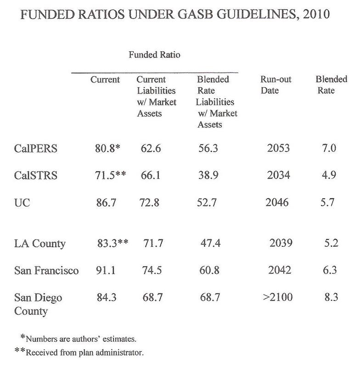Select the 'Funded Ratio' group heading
pos(155,56)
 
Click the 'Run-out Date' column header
pos(276,85)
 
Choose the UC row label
pos(22,201)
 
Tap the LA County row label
pos(39,243)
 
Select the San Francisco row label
pos(46,270)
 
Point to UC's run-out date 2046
pos(276,201)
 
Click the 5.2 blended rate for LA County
pos(330,243)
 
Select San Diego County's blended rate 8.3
pos(330,297)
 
